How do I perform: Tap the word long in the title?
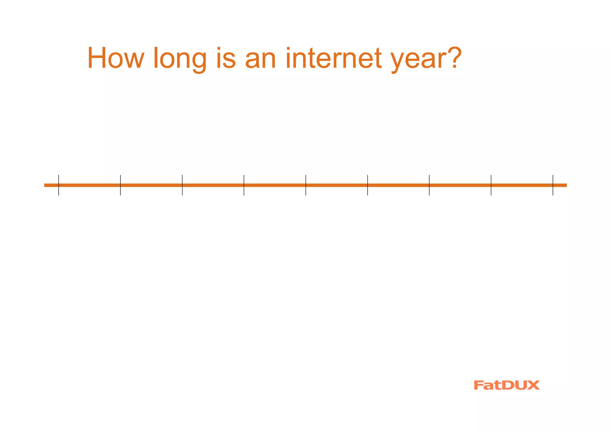point(180,59)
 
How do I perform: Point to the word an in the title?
point(260,59)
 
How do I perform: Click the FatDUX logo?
point(507,385)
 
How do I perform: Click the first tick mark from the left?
point(59,185)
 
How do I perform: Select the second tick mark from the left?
point(121,185)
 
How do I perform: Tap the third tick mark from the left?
point(182,185)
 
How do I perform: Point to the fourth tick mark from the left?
point(244,185)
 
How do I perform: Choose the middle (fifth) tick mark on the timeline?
point(306,185)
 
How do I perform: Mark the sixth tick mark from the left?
point(368,185)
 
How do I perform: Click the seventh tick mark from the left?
point(429,185)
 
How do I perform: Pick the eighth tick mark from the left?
point(491,185)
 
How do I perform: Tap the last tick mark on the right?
point(553,185)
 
